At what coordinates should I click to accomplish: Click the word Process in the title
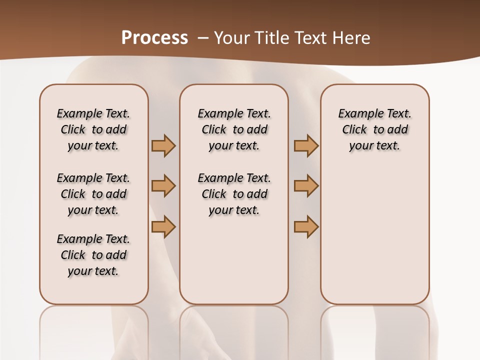click(x=154, y=37)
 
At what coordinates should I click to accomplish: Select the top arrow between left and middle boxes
click(x=163, y=145)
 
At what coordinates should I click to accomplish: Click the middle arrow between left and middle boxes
click(x=163, y=186)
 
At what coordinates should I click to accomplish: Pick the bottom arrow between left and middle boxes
click(x=163, y=226)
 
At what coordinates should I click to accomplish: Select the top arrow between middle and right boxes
click(x=306, y=145)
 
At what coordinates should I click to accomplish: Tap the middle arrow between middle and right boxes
click(x=306, y=186)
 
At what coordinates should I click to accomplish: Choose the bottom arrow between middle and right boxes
click(x=306, y=226)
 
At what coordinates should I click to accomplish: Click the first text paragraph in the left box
click(x=93, y=129)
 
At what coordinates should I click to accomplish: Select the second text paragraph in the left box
click(x=93, y=194)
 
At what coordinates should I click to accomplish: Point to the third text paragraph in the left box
click(x=93, y=255)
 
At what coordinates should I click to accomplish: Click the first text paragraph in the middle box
click(x=234, y=129)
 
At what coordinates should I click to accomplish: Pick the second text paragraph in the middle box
click(x=234, y=194)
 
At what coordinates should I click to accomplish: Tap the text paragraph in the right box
click(x=374, y=129)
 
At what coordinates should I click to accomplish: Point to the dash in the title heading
click(x=202, y=37)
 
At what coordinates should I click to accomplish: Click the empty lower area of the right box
click(x=374, y=235)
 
